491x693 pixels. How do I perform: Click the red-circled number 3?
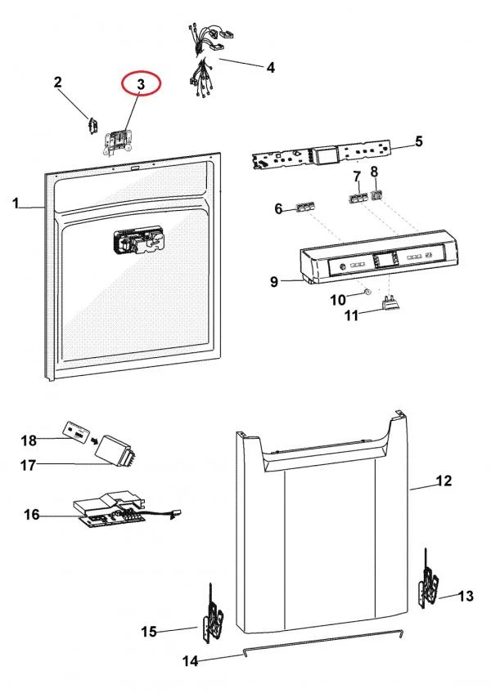(141, 84)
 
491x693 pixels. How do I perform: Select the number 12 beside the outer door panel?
(443, 481)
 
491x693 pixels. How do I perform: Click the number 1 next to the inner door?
(16, 203)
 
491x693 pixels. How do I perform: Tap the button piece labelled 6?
(305, 208)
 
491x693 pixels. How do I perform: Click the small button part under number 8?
(377, 195)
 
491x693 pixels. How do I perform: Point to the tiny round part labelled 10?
(367, 292)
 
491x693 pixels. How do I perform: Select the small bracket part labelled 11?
(390, 305)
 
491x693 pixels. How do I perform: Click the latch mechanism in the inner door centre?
(137, 241)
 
